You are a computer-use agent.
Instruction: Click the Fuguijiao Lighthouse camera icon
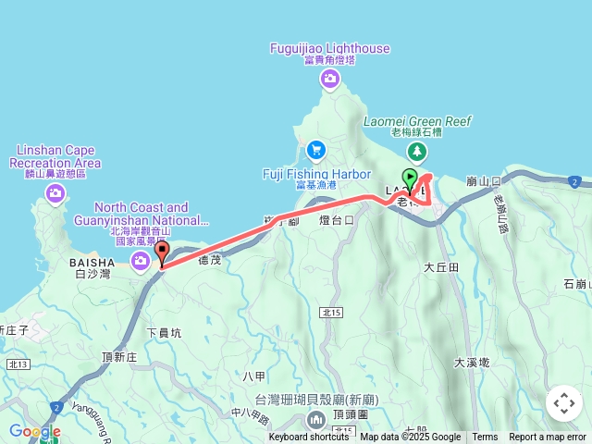pyautogui.click(x=330, y=80)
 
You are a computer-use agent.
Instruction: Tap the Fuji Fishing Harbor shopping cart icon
pyautogui.click(x=316, y=149)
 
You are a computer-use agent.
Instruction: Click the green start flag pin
pyautogui.click(x=410, y=179)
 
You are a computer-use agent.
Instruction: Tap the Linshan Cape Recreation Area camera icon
pyautogui.click(x=55, y=191)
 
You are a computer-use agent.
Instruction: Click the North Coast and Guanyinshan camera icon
pyautogui.click(x=141, y=260)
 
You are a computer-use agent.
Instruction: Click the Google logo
pyautogui.click(x=34, y=431)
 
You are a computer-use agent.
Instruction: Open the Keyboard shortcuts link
pyautogui.click(x=309, y=438)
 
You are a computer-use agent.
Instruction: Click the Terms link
pyautogui.click(x=485, y=438)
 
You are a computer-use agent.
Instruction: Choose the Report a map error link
pyautogui.click(x=548, y=438)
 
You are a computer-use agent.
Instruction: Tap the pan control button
pyautogui.click(x=564, y=403)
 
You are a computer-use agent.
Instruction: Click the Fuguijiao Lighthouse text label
pyautogui.click(x=330, y=48)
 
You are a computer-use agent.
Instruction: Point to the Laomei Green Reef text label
pyautogui.click(x=418, y=121)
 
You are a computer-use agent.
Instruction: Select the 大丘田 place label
pyautogui.click(x=441, y=266)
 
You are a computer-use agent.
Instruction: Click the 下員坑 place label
pyautogui.click(x=165, y=331)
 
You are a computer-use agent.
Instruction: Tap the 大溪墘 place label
pyautogui.click(x=473, y=363)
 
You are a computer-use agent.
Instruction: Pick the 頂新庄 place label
pyautogui.click(x=120, y=356)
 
